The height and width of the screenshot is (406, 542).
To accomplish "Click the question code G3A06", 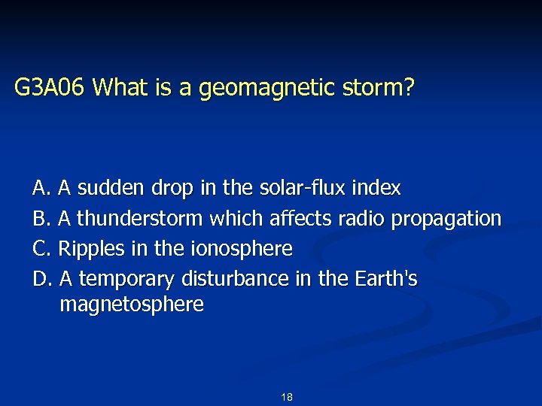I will point(50,89).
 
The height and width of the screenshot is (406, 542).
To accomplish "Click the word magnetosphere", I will point(131,305).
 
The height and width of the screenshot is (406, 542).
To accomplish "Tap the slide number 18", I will point(286,397).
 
